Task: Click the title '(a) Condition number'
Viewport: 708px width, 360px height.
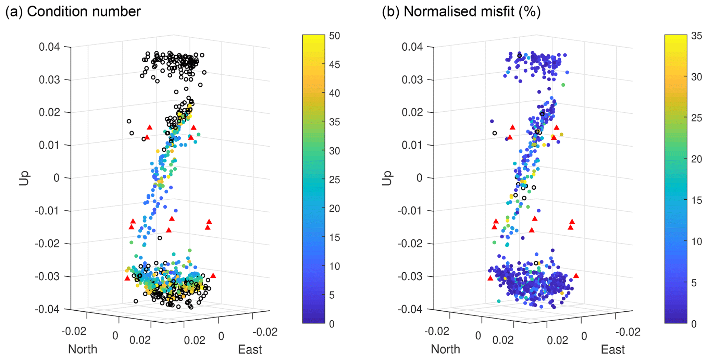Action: tap(73, 12)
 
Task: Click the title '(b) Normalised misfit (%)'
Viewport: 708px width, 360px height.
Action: tap(461, 12)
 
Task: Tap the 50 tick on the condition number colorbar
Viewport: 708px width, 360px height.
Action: tap(334, 36)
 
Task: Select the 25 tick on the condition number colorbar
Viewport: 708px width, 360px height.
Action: tap(334, 180)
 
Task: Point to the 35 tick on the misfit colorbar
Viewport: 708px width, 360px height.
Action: tap(697, 36)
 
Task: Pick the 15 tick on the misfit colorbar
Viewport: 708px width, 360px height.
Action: tap(697, 200)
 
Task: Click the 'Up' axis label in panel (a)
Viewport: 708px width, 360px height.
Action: tap(24, 178)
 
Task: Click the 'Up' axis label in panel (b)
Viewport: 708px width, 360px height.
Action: tap(387, 178)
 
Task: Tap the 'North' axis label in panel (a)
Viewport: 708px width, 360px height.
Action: tap(83, 349)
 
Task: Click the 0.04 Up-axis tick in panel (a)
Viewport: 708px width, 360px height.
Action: tap(49, 47)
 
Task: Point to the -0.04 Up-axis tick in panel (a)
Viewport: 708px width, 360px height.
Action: tap(47, 309)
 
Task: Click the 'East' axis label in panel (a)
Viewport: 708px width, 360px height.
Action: tap(250, 350)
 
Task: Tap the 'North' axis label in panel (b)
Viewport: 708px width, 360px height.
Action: tap(445, 349)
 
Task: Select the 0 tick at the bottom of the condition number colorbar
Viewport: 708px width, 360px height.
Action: tap(332, 324)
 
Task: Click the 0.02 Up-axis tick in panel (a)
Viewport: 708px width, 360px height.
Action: tap(49, 112)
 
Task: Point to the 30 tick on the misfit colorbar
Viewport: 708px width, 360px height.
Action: tap(697, 77)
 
